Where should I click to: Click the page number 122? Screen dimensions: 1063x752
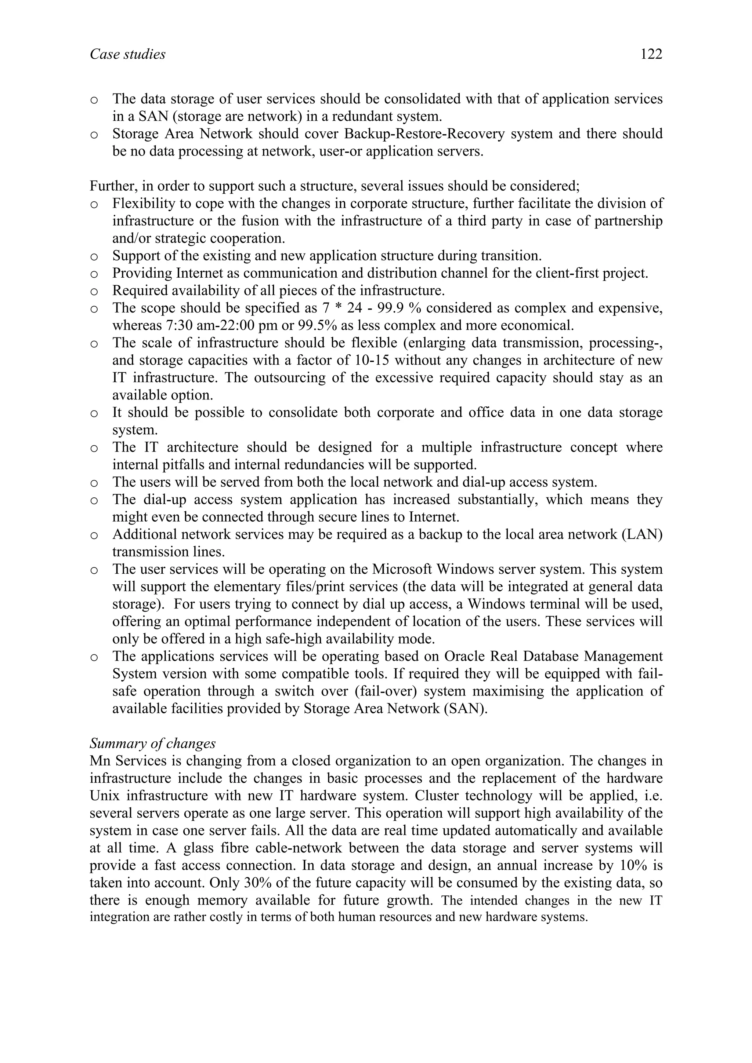(651, 55)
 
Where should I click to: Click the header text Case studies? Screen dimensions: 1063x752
(127, 55)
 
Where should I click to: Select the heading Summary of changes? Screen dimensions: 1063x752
(152, 744)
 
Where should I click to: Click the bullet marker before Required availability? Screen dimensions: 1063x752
(94, 291)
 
